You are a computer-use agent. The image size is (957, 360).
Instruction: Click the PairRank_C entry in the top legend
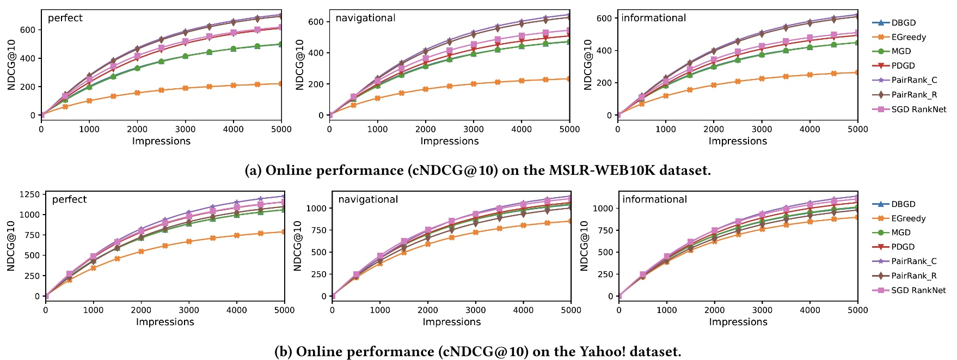(x=914, y=80)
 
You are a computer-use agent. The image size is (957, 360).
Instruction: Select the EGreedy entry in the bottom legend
(x=908, y=218)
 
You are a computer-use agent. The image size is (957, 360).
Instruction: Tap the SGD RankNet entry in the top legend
(x=918, y=109)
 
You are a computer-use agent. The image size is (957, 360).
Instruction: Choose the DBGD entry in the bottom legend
(x=903, y=204)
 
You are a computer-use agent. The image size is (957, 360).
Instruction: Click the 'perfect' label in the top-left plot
(x=65, y=18)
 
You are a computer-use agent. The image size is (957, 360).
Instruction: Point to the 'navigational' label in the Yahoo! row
(x=367, y=199)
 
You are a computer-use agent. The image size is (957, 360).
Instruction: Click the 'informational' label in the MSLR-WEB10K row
(x=653, y=18)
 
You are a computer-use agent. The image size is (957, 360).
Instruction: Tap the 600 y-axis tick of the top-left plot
(x=28, y=30)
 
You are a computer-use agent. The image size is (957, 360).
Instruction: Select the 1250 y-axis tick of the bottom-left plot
(x=28, y=194)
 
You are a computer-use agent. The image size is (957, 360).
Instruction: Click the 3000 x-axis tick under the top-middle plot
(x=473, y=129)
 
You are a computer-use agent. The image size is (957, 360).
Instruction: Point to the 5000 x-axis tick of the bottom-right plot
(x=857, y=310)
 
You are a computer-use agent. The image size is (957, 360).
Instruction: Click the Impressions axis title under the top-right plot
(x=737, y=141)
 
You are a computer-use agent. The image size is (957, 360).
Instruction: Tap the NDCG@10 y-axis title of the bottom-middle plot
(x=297, y=246)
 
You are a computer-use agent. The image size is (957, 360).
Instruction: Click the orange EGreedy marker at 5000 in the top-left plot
(x=281, y=84)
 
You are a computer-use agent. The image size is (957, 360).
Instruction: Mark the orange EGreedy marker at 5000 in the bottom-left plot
(x=284, y=232)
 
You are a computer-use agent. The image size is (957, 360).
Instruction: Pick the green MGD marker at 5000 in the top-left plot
(x=281, y=44)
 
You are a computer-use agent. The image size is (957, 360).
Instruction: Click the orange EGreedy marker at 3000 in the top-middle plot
(x=473, y=84)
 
